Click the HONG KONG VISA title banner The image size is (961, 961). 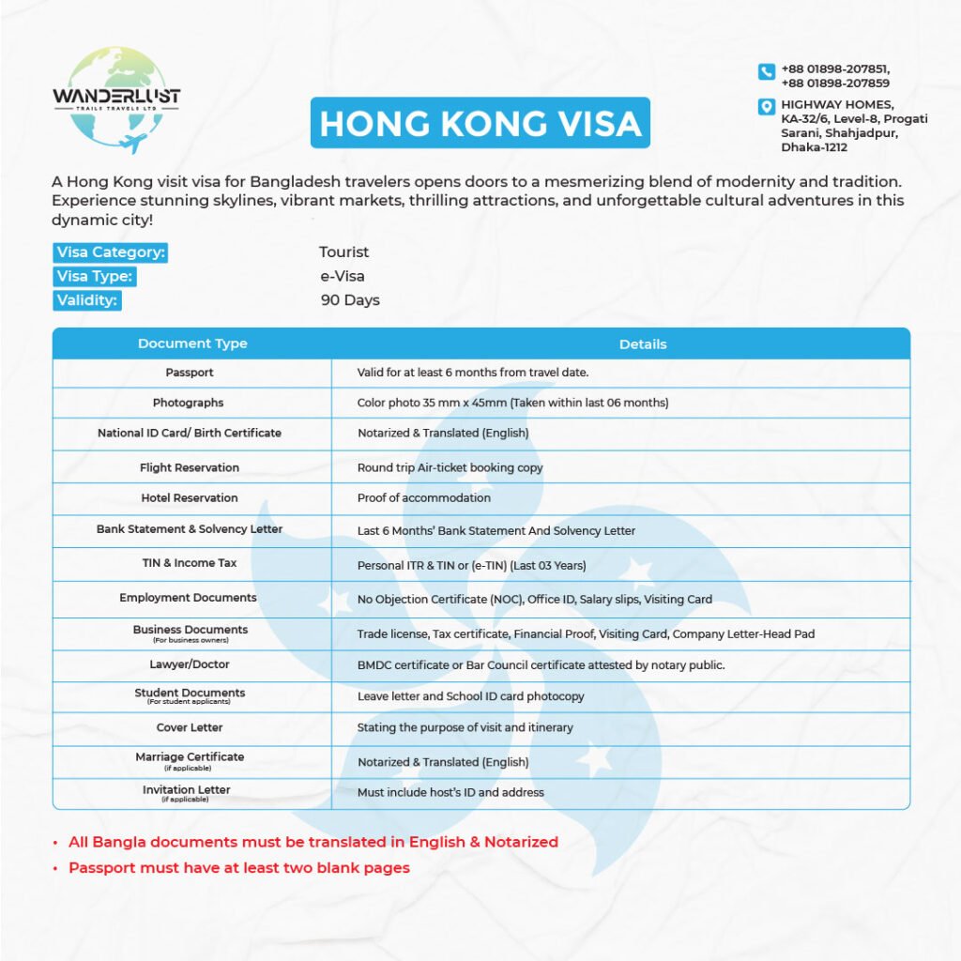480,123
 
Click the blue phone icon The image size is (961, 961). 766,71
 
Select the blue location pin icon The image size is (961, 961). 766,106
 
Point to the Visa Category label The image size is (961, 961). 111,252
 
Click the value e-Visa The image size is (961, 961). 342,277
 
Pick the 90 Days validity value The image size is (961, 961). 350,300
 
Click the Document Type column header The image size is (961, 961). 192,343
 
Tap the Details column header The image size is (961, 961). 643,344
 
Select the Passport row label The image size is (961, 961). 190,373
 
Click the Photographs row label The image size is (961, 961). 189,403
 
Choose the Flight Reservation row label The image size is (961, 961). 190,467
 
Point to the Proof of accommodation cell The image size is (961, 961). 424,498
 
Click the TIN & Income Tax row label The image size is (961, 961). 190,563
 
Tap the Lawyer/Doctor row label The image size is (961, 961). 190,664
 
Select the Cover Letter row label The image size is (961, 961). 190,727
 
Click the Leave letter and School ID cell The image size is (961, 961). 470,696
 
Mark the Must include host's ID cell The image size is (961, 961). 450,793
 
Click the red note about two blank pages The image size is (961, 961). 239,868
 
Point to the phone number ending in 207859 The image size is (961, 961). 835,83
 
